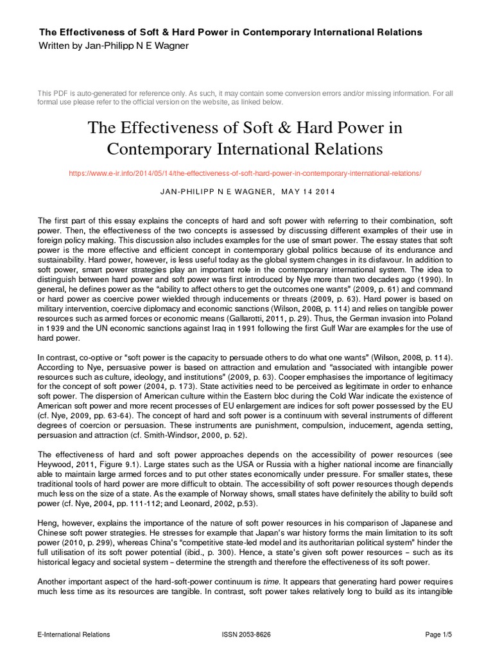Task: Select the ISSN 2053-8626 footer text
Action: [246, 635]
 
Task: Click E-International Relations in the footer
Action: [74, 635]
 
